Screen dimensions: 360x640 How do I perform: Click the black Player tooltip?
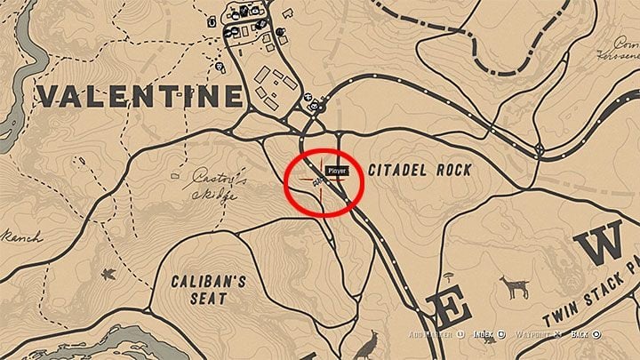pos(337,170)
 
